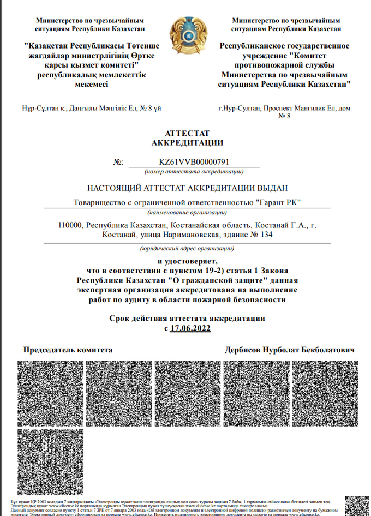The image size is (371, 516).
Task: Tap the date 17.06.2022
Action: pyautogui.click(x=190, y=328)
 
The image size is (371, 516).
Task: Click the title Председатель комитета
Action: pyautogui.click(x=68, y=350)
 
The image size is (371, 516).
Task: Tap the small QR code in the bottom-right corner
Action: pyautogui.click(x=357, y=505)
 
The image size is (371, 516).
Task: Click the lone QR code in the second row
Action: pyautogui.click(x=51, y=461)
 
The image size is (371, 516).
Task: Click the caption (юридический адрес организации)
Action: pyautogui.click(x=187, y=248)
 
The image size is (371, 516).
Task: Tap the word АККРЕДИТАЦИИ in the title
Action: pyautogui.click(x=187, y=143)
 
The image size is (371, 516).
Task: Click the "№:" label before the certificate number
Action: pyautogui.click(x=118, y=162)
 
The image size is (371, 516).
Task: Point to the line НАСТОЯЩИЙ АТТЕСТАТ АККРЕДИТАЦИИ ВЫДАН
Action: pyautogui.click(x=187, y=188)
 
